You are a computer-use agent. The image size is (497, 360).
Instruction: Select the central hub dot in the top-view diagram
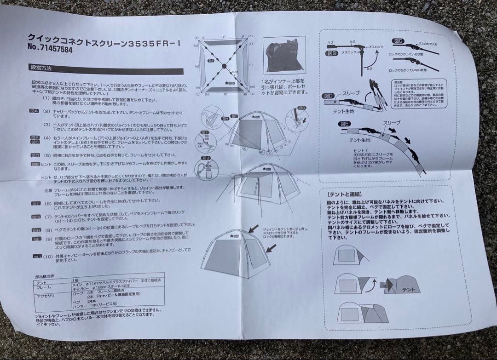[224, 66]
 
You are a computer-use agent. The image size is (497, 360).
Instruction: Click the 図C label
[398, 42]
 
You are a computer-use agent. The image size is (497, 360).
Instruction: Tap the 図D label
[328, 96]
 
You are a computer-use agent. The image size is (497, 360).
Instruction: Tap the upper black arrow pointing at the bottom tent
[253, 228]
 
